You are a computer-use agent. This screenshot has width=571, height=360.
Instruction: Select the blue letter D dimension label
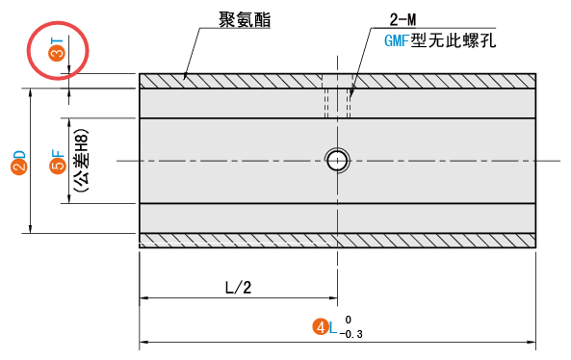[x=18, y=154]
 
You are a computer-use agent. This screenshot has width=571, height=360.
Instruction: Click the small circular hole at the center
[x=336, y=160]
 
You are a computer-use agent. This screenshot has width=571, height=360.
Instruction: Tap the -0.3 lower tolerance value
[x=352, y=334]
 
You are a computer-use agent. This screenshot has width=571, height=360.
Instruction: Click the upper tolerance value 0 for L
[x=348, y=320]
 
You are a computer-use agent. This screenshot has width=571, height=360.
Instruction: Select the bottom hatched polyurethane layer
[x=241, y=240]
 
